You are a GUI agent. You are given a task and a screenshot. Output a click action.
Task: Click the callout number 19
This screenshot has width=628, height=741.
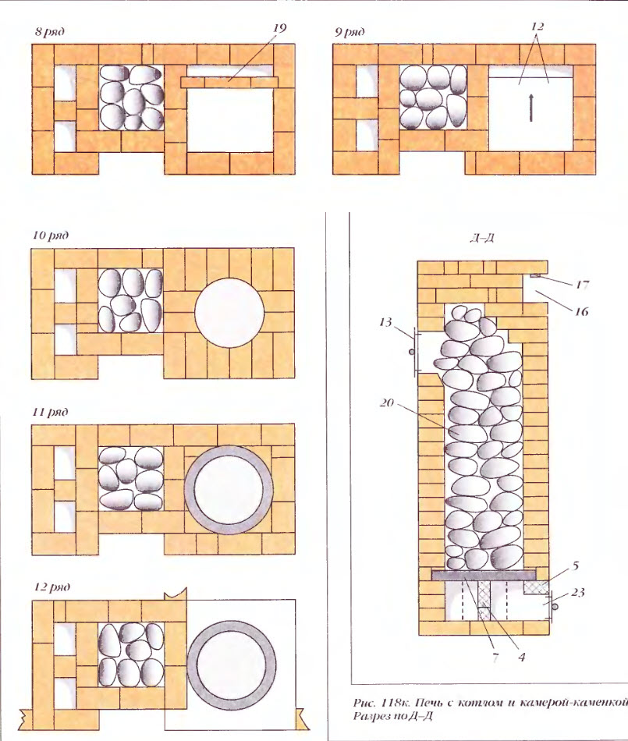point(279,28)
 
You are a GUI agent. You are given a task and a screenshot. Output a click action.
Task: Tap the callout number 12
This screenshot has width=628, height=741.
point(538,26)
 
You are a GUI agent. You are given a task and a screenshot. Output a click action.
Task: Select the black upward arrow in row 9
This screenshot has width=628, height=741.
point(531,108)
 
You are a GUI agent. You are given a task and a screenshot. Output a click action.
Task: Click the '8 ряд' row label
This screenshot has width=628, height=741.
point(50,32)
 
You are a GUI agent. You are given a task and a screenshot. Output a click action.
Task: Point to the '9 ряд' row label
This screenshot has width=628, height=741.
point(349,32)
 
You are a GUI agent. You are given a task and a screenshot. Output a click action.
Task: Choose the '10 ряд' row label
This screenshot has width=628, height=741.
point(51,235)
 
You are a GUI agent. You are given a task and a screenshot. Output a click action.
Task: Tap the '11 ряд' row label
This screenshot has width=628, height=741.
point(50,412)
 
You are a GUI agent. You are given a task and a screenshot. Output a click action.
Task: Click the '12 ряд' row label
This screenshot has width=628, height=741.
point(52,587)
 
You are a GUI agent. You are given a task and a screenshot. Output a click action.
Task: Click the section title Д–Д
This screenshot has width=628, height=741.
point(482,238)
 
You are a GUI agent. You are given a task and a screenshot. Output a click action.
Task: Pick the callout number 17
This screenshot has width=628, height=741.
point(582,285)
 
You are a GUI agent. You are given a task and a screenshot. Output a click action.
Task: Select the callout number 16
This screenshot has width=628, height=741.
point(582,311)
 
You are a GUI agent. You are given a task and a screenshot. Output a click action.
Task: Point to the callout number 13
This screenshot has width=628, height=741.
point(385,322)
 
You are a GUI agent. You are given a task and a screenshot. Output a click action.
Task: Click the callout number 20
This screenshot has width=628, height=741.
point(386,403)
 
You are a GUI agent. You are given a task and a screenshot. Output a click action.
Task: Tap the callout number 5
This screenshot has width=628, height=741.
point(576,565)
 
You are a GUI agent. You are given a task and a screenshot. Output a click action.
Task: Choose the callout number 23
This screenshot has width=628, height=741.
point(578,592)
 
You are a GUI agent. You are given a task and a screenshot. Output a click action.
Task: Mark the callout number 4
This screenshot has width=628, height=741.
point(522,657)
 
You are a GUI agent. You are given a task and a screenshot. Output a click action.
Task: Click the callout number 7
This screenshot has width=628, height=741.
point(495,658)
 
